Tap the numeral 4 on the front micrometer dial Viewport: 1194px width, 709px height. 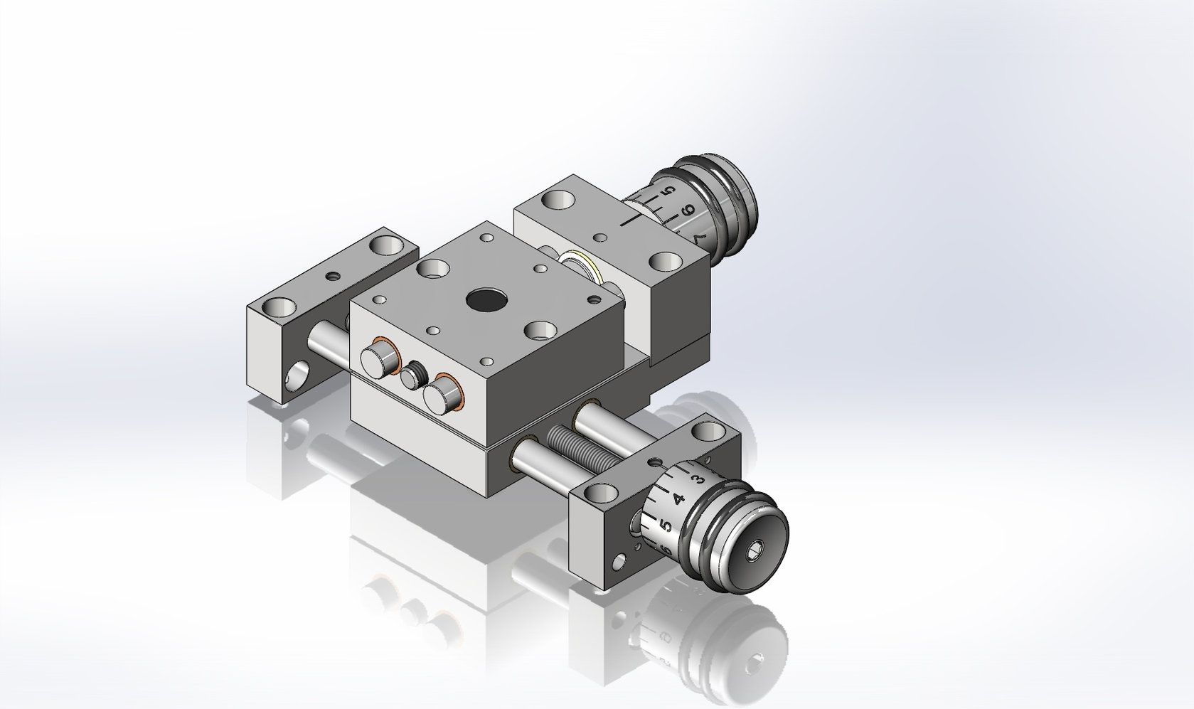678,499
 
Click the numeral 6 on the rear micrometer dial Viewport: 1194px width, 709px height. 687,211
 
